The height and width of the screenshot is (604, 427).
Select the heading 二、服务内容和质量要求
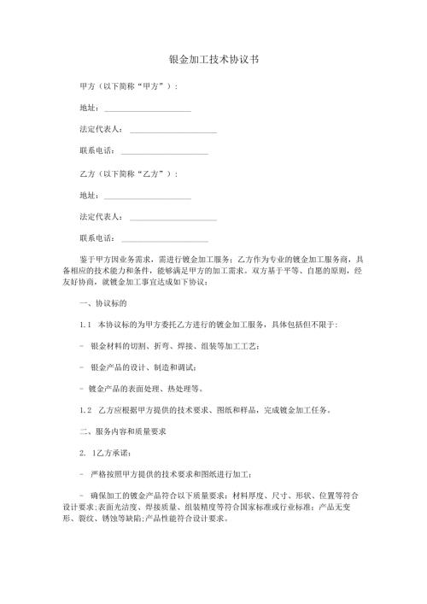(x=125, y=431)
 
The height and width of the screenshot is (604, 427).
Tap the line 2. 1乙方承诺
(x=105, y=453)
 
